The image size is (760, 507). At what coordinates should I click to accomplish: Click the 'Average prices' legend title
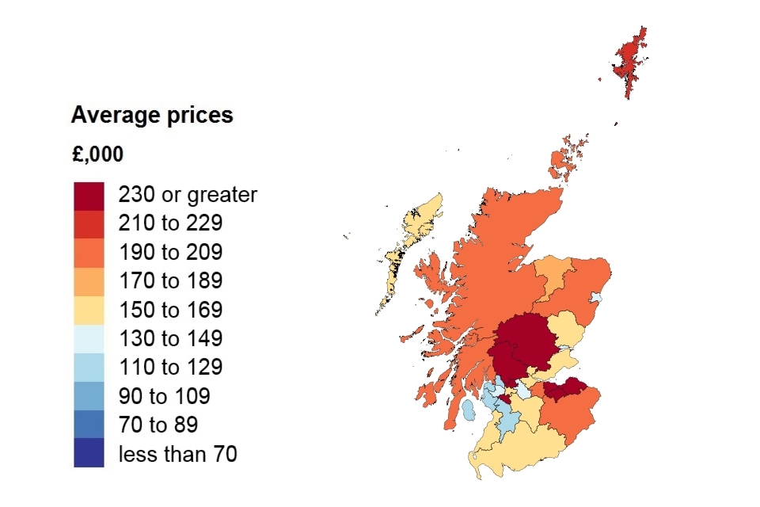[x=152, y=116]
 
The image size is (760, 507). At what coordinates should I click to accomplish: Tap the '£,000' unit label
[x=97, y=154]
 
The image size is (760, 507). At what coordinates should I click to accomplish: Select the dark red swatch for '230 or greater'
[x=89, y=195]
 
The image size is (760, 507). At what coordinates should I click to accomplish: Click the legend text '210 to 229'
[x=170, y=223]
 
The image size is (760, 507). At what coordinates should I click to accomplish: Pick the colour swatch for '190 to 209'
[x=89, y=252]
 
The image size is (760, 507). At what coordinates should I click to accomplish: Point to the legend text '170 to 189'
[x=170, y=280]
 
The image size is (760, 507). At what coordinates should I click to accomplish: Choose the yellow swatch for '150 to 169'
[x=89, y=309]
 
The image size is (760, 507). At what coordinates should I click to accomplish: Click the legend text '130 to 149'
[x=170, y=338]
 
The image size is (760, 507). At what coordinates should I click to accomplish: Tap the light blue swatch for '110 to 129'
[x=89, y=367]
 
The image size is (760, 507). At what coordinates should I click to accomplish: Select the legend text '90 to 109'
[x=165, y=395]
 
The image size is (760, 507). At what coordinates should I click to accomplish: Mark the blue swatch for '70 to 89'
[x=89, y=424]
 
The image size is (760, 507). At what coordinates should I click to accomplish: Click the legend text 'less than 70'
[x=177, y=453]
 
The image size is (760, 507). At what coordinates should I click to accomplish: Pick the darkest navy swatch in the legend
[x=89, y=453]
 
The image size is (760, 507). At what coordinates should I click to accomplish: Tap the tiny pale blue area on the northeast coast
[x=597, y=299]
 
